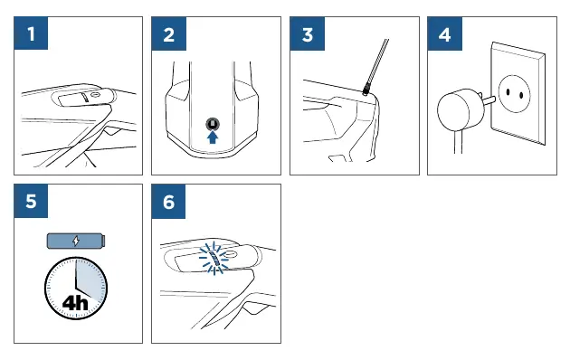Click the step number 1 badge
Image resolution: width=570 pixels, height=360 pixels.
[x=31, y=33]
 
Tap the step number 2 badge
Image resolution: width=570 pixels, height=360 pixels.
[x=168, y=33]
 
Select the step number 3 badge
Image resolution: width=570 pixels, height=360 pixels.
[x=308, y=33]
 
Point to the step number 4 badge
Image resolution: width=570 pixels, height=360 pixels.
[x=444, y=33]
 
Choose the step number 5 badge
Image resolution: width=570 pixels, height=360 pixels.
[x=31, y=201]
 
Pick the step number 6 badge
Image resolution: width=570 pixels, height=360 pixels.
[x=168, y=201]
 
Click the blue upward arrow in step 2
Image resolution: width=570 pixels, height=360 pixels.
[x=213, y=137]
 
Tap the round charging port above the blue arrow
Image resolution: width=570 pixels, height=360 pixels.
[x=213, y=124]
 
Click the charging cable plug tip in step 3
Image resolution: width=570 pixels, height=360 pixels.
[x=366, y=90]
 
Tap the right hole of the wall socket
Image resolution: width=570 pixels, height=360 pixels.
[x=521, y=96]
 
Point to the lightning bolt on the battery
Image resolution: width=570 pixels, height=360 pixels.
[x=76, y=241]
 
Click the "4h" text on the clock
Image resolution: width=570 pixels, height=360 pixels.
[x=75, y=302]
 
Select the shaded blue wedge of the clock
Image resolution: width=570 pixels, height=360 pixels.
[x=89, y=279]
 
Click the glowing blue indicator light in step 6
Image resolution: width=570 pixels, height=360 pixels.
[x=214, y=259]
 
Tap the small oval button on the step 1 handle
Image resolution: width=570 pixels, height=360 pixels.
[x=95, y=95]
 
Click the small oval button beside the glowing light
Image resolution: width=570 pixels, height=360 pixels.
[x=230, y=255]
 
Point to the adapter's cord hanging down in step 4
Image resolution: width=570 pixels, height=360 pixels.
[x=459, y=142]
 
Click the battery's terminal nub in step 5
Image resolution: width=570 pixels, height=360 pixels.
[x=104, y=241]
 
